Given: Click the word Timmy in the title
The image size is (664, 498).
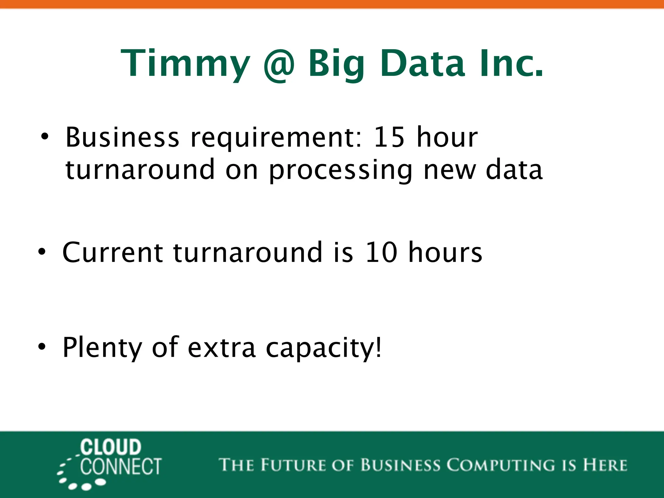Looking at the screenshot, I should [185, 64].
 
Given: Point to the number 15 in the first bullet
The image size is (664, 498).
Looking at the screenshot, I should [389, 137].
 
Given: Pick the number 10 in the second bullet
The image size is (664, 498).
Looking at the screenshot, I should [381, 252].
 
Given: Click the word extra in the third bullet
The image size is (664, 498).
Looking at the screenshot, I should [222, 348].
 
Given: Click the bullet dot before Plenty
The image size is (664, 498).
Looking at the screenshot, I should [42, 347].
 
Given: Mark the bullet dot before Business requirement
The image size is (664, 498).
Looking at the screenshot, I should [45, 136].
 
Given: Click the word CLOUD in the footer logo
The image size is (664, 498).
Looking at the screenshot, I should [111, 447].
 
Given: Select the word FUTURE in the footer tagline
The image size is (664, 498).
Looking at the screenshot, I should [293, 465].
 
